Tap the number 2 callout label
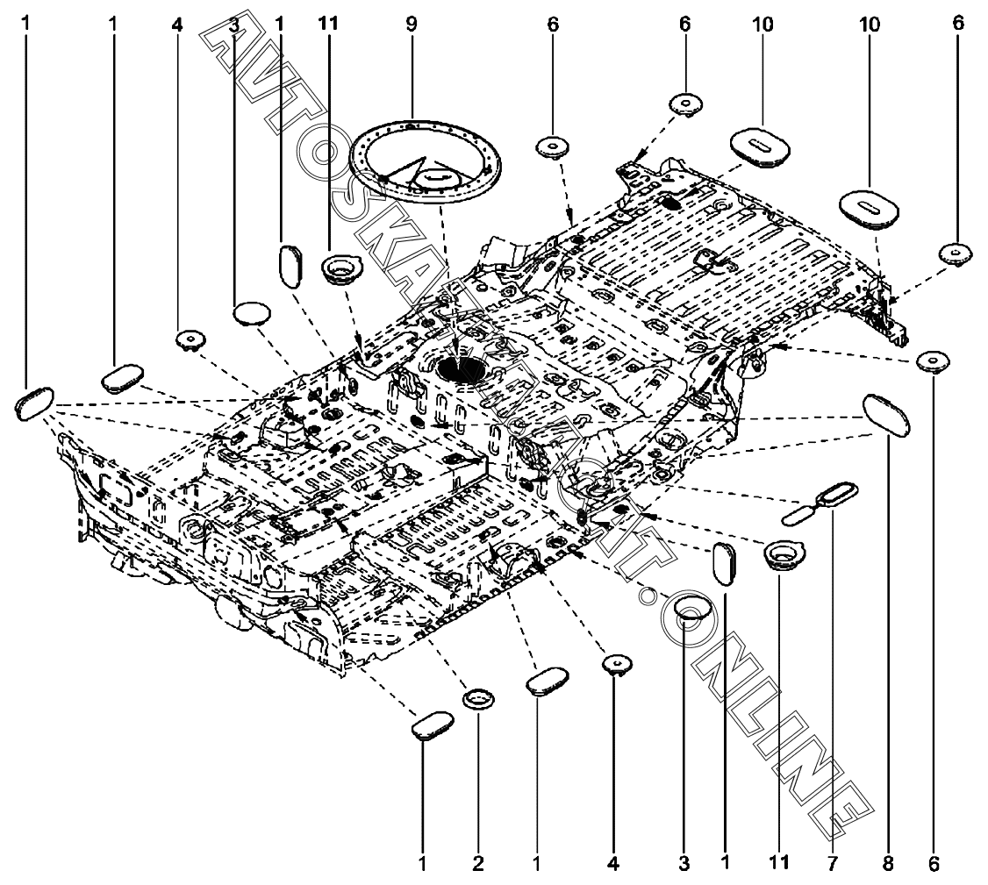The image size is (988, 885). [x=478, y=864]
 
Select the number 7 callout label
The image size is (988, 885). [x=831, y=864]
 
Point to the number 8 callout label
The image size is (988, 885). [x=888, y=864]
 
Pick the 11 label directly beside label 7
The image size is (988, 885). [x=779, y=864]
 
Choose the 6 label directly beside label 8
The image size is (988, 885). [x=933, y=864]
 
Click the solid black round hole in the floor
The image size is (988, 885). [x=458, y=368]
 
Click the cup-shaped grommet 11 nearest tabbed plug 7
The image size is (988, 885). [x=780, y=555]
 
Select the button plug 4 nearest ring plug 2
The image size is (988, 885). [x=615, y=664]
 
